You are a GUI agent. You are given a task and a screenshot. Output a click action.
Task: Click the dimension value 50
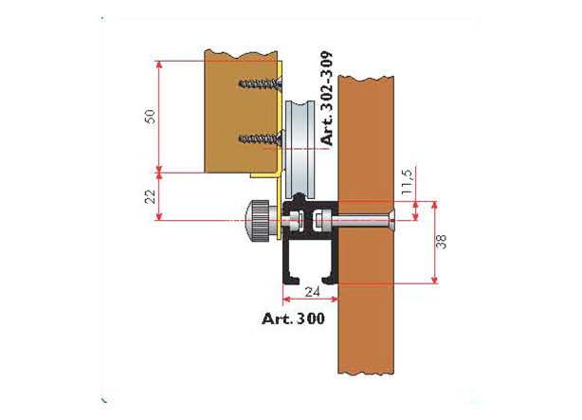click(151, 117)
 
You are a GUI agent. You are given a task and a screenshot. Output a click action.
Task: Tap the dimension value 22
click(151, 196)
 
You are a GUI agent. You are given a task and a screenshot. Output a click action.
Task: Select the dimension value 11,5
click(408, 182)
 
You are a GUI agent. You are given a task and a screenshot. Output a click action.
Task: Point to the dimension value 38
click(441, 242)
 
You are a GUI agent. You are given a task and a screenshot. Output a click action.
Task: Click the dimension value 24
click(312, 292)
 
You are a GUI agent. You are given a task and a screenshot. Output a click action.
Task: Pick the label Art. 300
click(293, 319)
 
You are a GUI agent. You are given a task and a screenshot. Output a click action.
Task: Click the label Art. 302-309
click(327, 98)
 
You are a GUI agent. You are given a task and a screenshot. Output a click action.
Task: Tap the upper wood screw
click(260, 84)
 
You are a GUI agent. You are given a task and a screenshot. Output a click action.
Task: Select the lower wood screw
click(261, 138)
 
